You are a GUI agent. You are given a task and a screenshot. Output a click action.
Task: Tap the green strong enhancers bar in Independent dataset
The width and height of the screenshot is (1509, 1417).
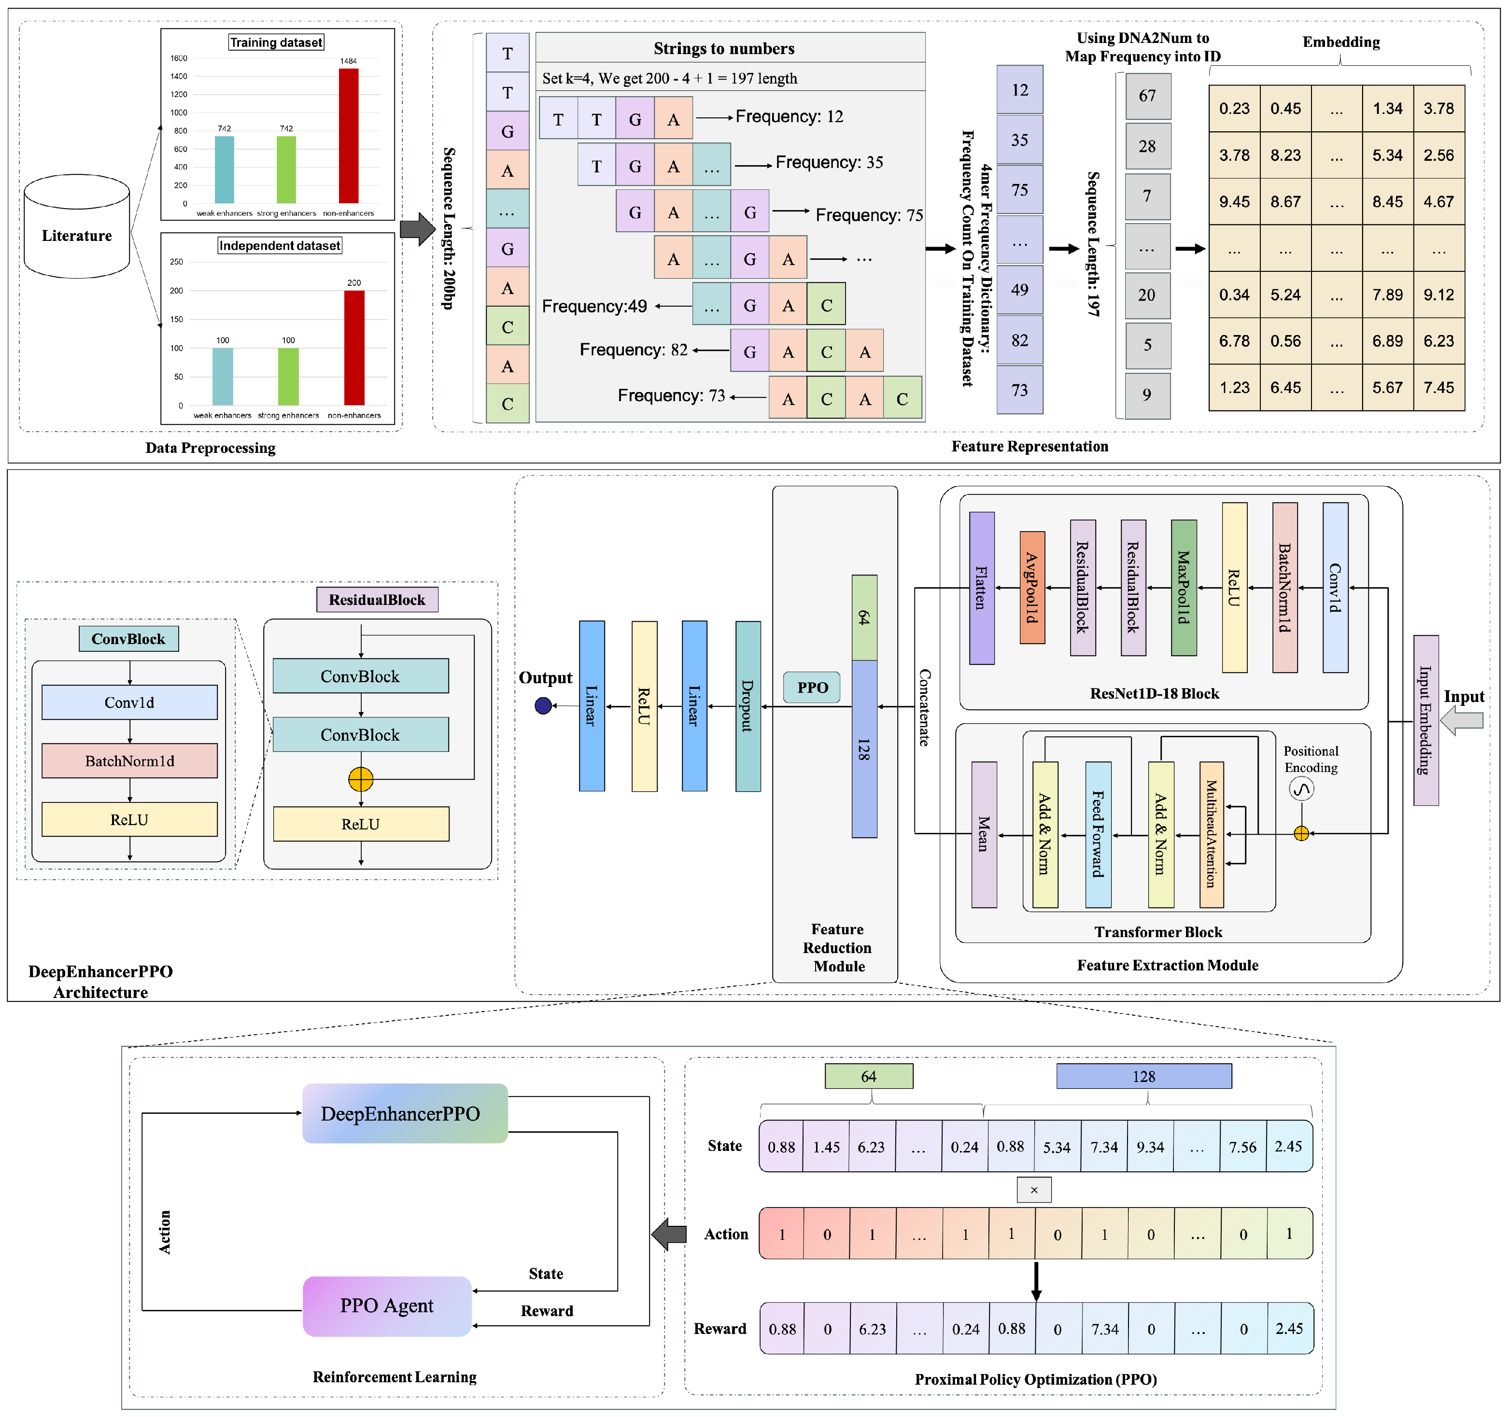[x=288, y=377]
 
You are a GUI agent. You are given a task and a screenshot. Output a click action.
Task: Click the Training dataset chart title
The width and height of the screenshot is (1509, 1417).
[x=276, y=42]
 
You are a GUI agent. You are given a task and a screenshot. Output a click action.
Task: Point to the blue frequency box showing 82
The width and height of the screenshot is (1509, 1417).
[x=1019, y=340]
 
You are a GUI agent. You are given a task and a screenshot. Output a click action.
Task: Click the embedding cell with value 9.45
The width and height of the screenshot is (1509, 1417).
[x=1234, y=202]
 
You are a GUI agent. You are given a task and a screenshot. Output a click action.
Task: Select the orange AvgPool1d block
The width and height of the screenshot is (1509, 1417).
[x=1031, y=588]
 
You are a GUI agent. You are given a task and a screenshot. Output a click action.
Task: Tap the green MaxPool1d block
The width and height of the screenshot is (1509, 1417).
[x=1184, y=588]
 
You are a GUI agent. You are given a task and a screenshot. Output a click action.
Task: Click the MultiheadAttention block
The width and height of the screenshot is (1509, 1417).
[x=1212, y=834]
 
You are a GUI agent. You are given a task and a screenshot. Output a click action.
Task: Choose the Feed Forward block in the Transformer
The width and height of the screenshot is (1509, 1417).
[x=1098, y=834]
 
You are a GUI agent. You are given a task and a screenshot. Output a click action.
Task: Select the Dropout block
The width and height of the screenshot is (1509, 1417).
[x=747, y=706]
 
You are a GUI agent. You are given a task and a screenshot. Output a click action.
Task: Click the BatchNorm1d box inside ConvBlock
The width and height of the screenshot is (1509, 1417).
[x=130, y=760]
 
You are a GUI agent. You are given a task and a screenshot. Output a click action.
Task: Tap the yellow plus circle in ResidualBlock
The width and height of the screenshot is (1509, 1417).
[x=361, y=779]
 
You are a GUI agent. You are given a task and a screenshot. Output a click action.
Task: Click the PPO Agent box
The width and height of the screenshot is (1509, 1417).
[x=387, y=1306]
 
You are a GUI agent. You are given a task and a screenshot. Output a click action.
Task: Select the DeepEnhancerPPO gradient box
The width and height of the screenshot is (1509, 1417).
[x=405, y=1113]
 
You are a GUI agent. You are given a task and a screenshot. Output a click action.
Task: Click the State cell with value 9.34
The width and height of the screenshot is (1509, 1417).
[x=1150, y=1147]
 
